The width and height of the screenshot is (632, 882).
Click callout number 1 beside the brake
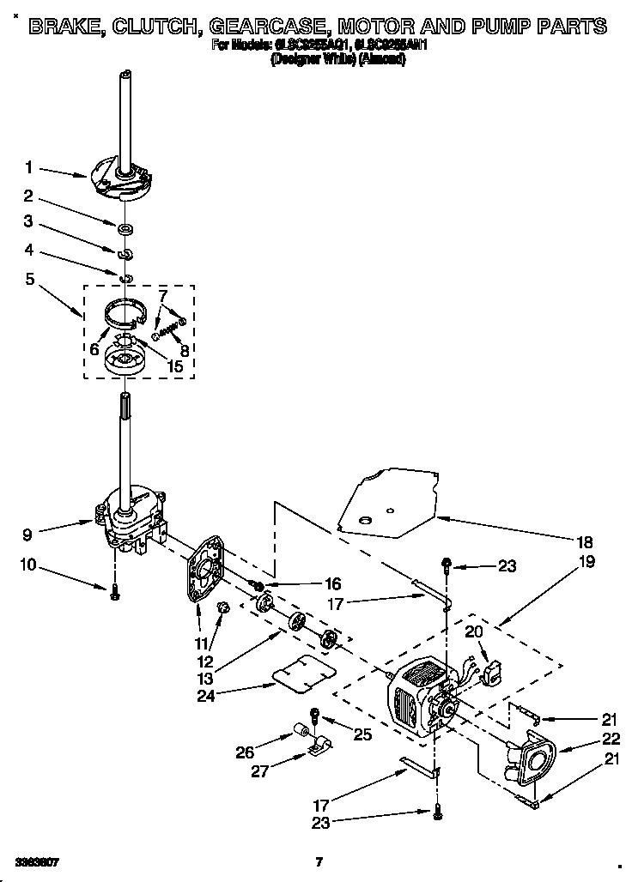(x=28, y=167)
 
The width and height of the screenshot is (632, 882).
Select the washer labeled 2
(x=126, y=228)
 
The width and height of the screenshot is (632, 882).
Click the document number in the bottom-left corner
(x=37, y=861)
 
